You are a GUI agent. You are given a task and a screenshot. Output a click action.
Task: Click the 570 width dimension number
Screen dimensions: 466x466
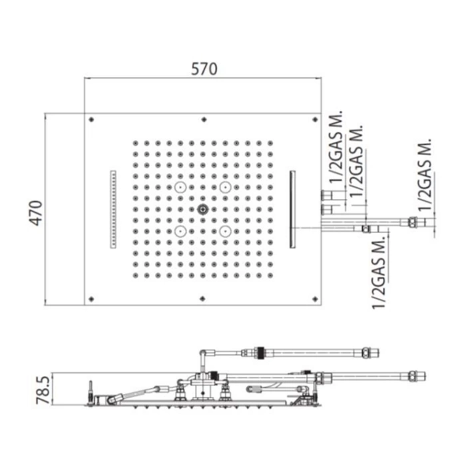click(204, 69)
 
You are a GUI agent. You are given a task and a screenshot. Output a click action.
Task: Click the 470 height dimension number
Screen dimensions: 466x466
click(37, 213)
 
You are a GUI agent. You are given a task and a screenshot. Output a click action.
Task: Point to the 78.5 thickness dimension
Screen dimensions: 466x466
click(43, 390)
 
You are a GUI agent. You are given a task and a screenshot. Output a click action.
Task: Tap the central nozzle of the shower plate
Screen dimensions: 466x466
click(202, 210)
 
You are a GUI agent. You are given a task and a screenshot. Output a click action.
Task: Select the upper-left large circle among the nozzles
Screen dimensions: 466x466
click(180, 187)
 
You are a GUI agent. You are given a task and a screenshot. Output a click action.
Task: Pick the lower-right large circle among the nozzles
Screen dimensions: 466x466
click(226, 231)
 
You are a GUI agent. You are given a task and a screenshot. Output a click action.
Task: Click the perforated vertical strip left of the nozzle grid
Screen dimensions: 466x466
click(113, 209)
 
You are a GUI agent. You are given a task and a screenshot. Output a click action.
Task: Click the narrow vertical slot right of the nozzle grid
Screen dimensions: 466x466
click(292, 209)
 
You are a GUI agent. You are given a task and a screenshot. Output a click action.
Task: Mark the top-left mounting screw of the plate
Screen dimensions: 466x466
click(91, 120)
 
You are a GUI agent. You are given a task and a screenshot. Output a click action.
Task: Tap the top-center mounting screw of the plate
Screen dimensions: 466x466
click(204, 120)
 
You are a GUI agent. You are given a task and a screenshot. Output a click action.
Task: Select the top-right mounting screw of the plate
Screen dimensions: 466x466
click(316, 120)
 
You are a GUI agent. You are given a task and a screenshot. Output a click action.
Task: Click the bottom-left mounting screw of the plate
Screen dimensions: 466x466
click(91, 299)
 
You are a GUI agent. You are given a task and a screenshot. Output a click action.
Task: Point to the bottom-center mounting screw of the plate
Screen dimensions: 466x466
click(202, 299)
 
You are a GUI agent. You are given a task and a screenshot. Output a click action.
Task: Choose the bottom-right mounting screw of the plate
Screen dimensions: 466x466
click(316, 299)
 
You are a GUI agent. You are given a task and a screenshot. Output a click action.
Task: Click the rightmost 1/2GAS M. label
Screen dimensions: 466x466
click(425, 174)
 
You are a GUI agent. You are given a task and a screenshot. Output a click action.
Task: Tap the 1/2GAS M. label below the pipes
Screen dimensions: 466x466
click(379, 273)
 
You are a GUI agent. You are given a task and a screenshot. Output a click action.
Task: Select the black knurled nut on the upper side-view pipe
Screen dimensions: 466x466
click(261, 353)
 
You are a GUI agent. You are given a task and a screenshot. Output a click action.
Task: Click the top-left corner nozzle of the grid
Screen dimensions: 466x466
click(136, 143)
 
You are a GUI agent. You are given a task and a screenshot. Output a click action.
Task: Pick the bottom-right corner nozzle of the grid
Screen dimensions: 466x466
click(270, 276)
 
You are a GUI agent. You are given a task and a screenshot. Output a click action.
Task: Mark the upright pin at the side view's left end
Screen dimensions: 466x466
click(91, 392)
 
